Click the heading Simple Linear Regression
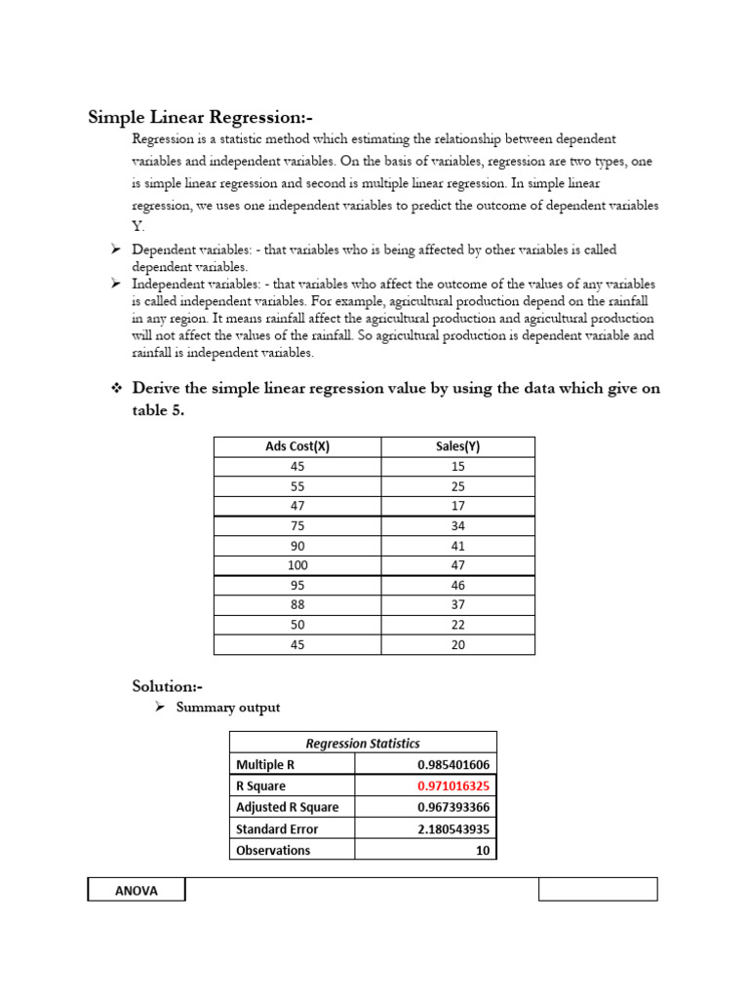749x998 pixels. (200, 118)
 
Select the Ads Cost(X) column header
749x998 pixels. (297, 446)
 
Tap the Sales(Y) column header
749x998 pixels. (458, 446)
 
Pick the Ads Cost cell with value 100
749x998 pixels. (297, 565)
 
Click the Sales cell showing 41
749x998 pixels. (458, 546)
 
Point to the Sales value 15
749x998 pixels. (458, 466)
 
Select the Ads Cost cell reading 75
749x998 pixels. (297, 525)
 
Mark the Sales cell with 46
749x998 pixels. (458, 586)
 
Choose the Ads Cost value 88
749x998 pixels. (297, 605)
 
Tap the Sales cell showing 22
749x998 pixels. (458, 625)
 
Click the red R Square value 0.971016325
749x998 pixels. (453, 786)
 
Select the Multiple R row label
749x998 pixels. (264, 764)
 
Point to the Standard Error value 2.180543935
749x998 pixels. (453, 828)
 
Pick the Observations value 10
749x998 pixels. (482, 850)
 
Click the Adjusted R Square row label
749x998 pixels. (287, 807)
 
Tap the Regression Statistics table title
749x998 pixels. (363, 743)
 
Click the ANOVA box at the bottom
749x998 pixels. (136, 890)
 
